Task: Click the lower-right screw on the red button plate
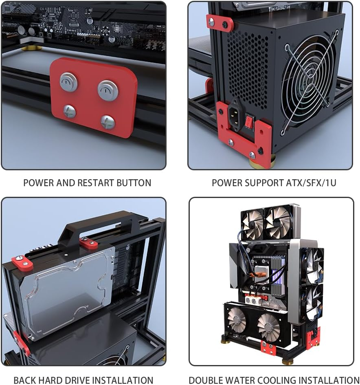tap(108, 122)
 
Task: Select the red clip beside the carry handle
tap(88, 244)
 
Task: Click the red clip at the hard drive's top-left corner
tap(22, 263)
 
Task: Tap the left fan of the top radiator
tap(252, 224)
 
